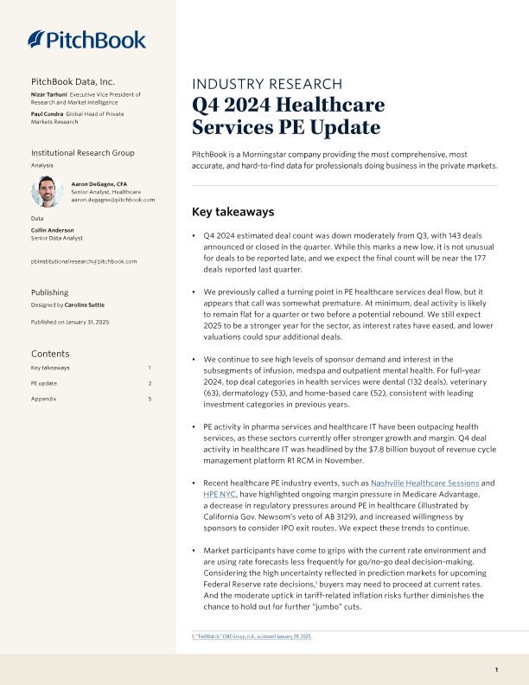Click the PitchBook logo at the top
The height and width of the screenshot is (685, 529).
tap(86, 39)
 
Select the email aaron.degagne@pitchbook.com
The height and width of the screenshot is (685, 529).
tap(112, 200)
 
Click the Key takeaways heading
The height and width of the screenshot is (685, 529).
tap(233, 211)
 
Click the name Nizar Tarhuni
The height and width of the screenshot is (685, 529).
tap(49, 93)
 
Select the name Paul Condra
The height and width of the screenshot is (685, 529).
tap(48, 114)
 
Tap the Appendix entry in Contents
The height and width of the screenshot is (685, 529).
tap(45, 399)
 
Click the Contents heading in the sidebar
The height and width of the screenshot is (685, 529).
tap(50, 353)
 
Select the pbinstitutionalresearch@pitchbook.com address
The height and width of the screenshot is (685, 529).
tap(84, 260)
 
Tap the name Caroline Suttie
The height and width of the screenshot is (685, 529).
tap(84, 305)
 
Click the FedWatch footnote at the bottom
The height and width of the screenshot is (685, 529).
tap(251, 636)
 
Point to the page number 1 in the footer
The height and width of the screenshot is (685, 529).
tap(496, 670)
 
